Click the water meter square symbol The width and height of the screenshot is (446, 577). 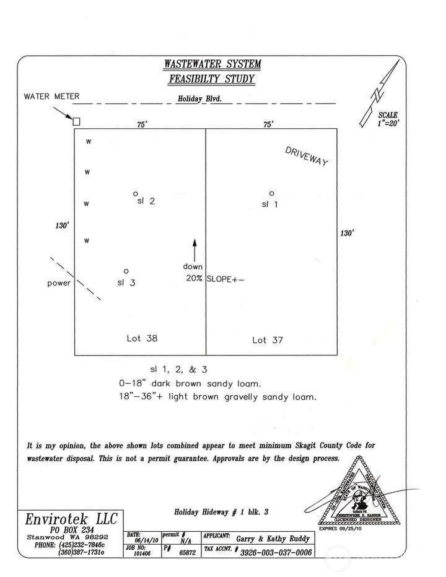click(76, 121)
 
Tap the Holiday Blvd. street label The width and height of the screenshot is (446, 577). click(199, 98)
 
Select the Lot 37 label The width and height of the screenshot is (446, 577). click(268, 340)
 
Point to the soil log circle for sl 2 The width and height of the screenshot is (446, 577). click(136, 194)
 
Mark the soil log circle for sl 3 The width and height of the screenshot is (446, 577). click(126, 271)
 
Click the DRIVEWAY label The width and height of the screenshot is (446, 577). click(306, 156)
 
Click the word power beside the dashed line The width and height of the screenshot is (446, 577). click(59, 284)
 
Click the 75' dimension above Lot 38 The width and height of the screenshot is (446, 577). click(142, 124)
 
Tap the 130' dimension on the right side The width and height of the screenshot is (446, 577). click(346, 233)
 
